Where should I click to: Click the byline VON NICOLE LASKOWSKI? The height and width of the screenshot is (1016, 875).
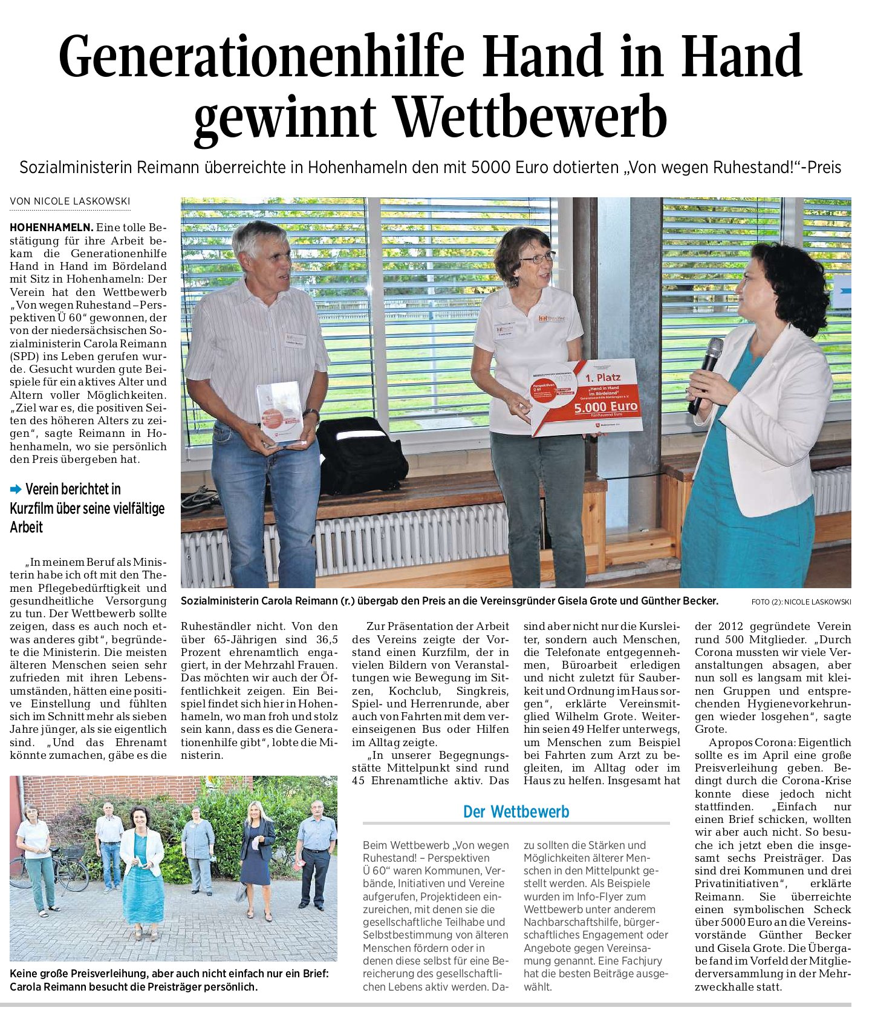(70, 202)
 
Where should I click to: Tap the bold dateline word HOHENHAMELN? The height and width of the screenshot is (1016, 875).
(51, 228)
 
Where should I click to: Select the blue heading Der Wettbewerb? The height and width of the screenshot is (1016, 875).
(516, 811)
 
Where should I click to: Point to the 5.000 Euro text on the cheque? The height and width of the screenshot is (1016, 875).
(606, 407)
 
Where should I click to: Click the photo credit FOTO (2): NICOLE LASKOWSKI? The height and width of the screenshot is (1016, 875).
(801, 601)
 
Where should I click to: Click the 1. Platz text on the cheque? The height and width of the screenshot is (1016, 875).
(602, 378)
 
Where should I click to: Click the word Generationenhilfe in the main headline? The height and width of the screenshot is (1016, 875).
(261, 56)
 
